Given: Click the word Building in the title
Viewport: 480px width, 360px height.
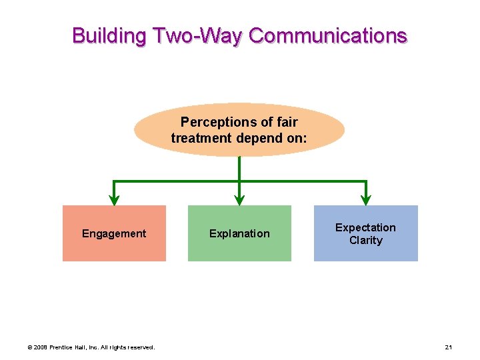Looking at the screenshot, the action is click(x=110, y=35).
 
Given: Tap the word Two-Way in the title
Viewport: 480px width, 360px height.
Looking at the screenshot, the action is click(x=198, y=35).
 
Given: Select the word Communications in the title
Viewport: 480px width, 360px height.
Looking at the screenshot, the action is click(x=328, y=35).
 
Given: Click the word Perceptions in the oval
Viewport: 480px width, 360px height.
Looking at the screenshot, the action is click(x=213, y=122).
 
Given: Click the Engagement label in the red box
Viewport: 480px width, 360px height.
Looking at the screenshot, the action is click(x=114, y=233).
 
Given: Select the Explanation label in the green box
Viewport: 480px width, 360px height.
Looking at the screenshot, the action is click(x=239, y=233).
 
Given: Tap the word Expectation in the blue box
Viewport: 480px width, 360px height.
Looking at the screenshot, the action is click(x=365, y=227).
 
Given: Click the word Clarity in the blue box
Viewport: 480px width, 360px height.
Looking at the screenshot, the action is click(x=365, y=240).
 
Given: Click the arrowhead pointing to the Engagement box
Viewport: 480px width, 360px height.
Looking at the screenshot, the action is click(x=114, y=199).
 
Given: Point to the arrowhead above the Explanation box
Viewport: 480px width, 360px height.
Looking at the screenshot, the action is click(x=239, y=199).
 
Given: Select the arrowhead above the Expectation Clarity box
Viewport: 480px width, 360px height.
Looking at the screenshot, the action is click(x=365, y=199).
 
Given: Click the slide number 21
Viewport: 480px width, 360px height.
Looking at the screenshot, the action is click(x=449, y=347).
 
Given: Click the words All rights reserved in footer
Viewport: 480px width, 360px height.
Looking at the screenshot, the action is click(x=131, y=347).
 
